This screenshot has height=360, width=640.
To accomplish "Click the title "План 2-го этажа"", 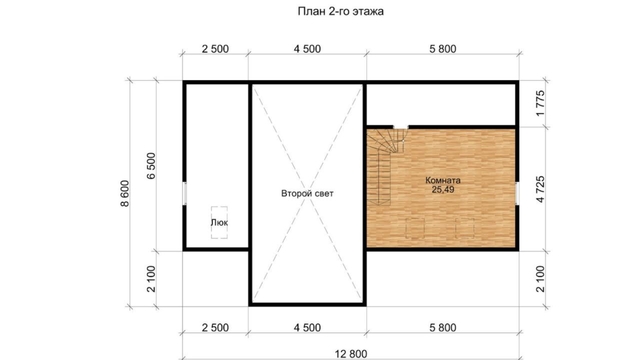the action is [341, 11].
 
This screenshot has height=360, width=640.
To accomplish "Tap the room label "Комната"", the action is [443, 180].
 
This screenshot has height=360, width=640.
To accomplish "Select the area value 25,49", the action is [443, 189].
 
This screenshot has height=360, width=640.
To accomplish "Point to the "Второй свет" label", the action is [307, 194].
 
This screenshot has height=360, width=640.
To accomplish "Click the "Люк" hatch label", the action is [219, 222].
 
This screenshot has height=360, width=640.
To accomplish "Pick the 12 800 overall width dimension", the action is [351, 354].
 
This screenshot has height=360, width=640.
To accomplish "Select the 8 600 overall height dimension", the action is [125, 194].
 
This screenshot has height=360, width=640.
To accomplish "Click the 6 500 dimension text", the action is [151, 166].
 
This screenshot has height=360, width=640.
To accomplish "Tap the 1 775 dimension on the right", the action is [540, 104].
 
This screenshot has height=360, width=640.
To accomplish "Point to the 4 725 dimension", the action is [540, 189].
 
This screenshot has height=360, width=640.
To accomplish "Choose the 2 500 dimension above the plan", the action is [215, 49].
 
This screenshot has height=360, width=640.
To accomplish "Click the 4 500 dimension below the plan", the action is [307, 328].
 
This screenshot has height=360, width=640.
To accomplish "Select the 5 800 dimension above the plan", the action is [443, 49].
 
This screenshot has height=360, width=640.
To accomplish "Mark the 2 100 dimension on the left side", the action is [151, 279].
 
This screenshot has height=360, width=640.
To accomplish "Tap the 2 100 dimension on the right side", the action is [540, 279].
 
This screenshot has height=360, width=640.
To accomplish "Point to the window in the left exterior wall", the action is [185, 194].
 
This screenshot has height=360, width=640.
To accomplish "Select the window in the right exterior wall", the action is [517, 193].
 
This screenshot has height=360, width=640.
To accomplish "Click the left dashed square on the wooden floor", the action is [415, 228].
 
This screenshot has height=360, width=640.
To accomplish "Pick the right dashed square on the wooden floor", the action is [465, 228].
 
